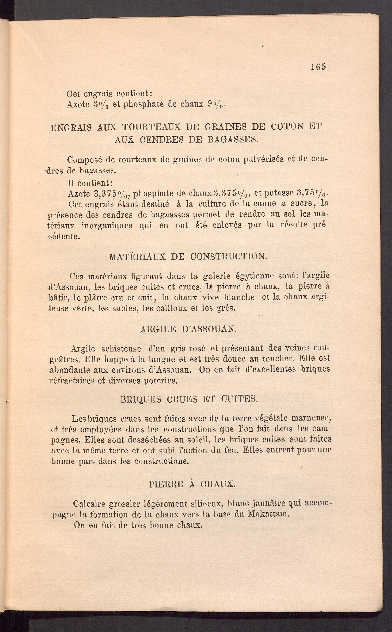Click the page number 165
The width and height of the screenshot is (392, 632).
[x=318, y=67]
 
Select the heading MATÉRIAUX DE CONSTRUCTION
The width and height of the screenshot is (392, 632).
[x=188, y=257]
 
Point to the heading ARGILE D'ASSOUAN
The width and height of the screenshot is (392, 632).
[x=188, y=329]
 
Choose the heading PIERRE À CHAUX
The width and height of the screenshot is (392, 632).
[x=192, y=484]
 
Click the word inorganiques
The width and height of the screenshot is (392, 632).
[x=107, y=225]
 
